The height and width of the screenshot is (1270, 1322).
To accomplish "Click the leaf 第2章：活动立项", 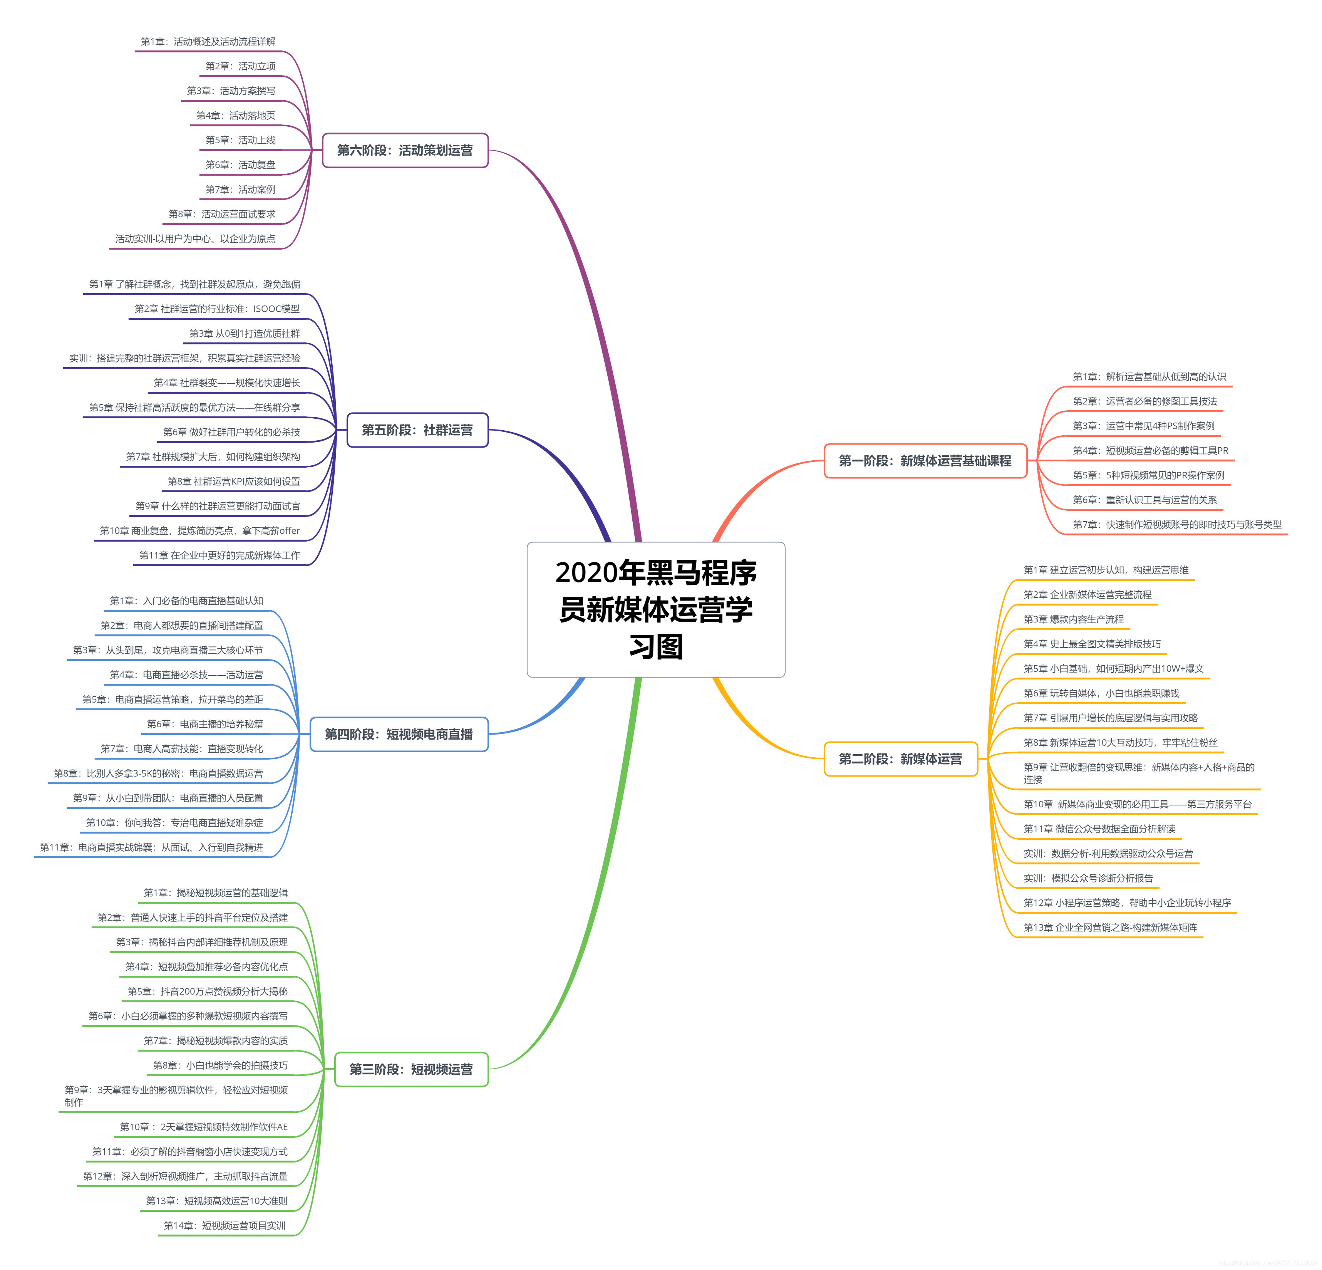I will pyautogui.click(x=240, y=66).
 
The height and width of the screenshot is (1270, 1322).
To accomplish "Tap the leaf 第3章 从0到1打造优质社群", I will pyautogui.click(x=245, y=333).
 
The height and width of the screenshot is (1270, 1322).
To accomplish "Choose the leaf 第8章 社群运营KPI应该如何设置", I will pyautogui.click(x=234, y=481).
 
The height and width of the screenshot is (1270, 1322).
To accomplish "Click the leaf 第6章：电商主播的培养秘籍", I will pyautogui.click(x=205, y=724).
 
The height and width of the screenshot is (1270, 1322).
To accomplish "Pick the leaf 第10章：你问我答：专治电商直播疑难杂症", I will pyautogui.click(x=175, y=823).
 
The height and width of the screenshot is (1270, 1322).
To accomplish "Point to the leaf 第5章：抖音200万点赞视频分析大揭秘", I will pyautogui.click(x=208, y=991).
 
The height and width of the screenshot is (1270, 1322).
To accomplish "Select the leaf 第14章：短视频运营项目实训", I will pyautogui.click(x=225, y=1225).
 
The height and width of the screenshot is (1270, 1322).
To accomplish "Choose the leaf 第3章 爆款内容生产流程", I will pyautogui.click(x=1074, y=619).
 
